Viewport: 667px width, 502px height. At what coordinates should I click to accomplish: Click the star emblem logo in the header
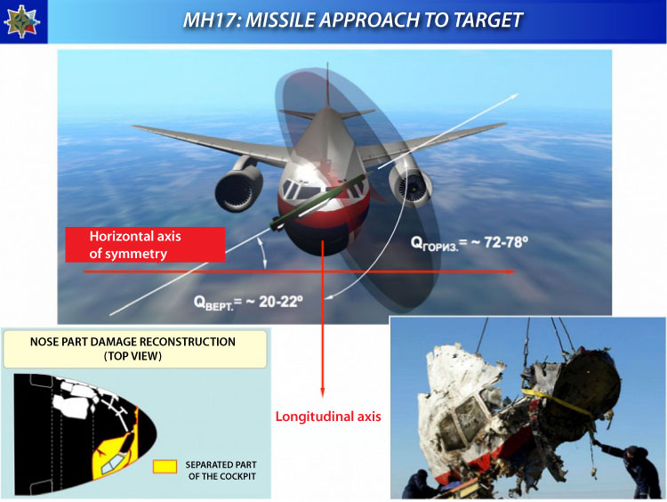pyautogui.click(x=21, y=21)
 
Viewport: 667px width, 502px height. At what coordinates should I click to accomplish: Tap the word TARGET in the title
pyautogui.click(x=487, y=20)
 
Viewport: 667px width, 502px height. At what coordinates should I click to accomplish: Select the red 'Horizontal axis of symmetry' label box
pyautogui.click(x=145, y=245)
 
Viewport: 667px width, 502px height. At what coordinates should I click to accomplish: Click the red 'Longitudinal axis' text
pyautogui.click(x=328, y=417)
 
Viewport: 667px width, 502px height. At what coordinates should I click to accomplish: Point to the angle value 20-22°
pyautogui.click(x=281, y=302)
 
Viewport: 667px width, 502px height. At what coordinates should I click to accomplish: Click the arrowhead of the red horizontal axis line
pyautogui.click(x=510, y=271)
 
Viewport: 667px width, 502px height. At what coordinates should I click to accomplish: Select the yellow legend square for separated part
pyautogui.click(x=165, y=466)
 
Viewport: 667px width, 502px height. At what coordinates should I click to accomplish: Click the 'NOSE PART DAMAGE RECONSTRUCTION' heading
pyautogui.click(x=133, y=342)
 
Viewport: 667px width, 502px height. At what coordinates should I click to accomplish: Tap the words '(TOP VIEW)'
pyautogui.click(x=133, y=356)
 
